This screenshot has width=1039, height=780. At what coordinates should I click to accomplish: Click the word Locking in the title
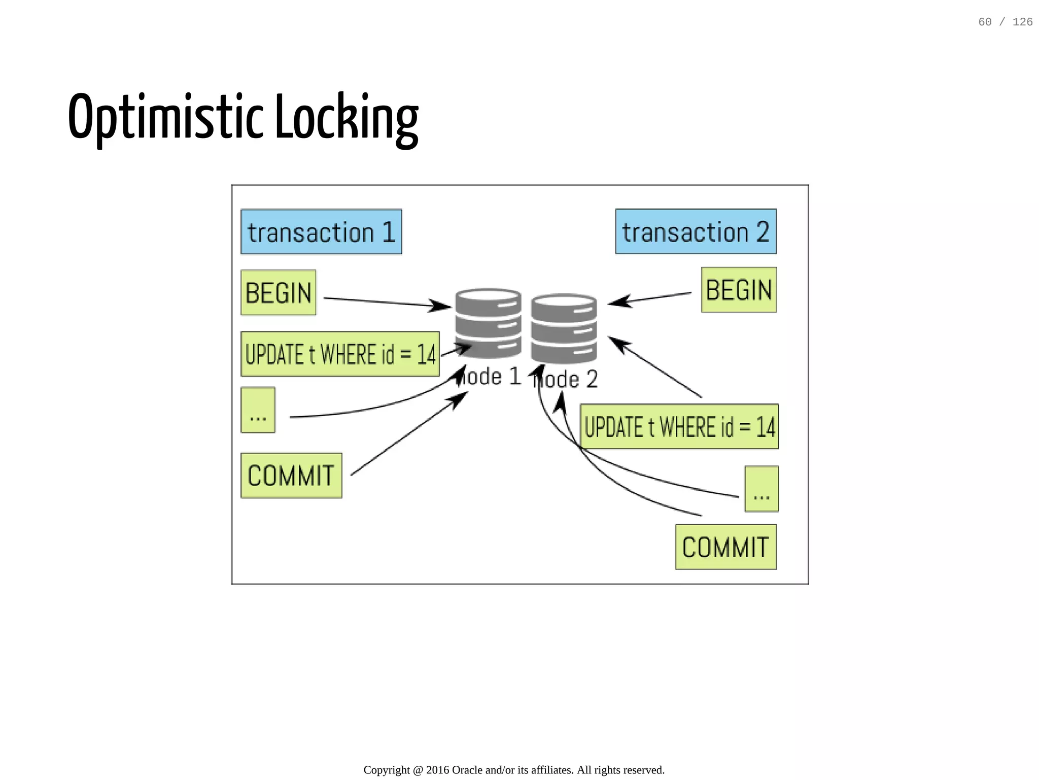point(347,118)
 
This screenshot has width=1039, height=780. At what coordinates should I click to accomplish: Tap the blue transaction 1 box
point(321,232)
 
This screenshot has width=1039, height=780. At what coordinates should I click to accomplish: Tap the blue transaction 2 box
point(696,232)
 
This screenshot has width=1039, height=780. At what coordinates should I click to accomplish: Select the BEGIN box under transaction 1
point(278,293)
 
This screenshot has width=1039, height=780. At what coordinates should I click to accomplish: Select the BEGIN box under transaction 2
point(739,290)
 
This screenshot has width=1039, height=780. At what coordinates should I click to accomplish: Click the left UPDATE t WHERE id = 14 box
point(340,354)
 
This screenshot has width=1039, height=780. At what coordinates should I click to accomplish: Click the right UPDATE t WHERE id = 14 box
point(679,427)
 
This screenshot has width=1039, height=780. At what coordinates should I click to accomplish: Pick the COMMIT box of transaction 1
point(291,476)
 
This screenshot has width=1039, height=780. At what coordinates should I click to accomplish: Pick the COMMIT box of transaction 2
point(725,547)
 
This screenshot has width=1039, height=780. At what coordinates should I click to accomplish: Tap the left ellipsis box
point(258,410)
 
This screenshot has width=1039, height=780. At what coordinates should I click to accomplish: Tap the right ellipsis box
point(761,489)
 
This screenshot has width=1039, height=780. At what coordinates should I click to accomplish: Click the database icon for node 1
point(488,322)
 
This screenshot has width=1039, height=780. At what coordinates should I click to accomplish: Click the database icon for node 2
point(564,328)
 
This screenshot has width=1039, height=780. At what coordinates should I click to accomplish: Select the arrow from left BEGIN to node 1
point(386,302)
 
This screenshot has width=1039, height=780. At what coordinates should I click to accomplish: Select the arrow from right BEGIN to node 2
point(649,298)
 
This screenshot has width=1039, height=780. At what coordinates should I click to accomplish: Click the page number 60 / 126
point(1005,22)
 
